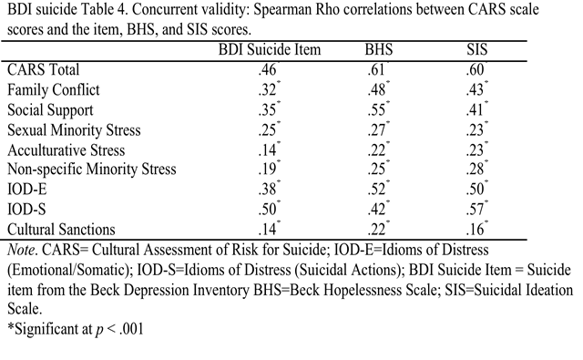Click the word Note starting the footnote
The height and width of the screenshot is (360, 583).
[20, 249]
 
